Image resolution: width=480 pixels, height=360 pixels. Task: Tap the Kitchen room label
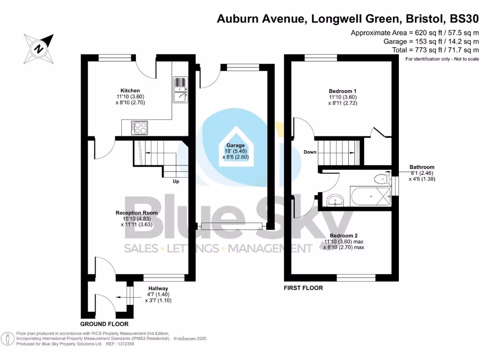(x=130, y=90)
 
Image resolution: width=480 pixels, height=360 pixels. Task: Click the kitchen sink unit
(x=180, y=90)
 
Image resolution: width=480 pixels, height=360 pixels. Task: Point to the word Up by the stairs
(x=176, y=181)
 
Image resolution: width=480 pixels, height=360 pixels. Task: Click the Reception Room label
(x=136, y=212)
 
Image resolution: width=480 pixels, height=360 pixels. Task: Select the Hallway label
(x=158, y=288)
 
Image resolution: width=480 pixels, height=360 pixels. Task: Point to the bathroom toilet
(x=382, y=178)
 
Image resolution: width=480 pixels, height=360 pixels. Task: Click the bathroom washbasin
(x=336, y=201)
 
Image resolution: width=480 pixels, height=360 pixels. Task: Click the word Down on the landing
(x=310, y=152)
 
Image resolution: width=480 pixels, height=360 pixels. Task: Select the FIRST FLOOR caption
(x=303, y=288)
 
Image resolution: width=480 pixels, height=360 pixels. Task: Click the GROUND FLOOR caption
(x=104, y=324)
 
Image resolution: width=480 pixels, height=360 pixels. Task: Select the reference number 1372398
(x=125, y=344)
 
